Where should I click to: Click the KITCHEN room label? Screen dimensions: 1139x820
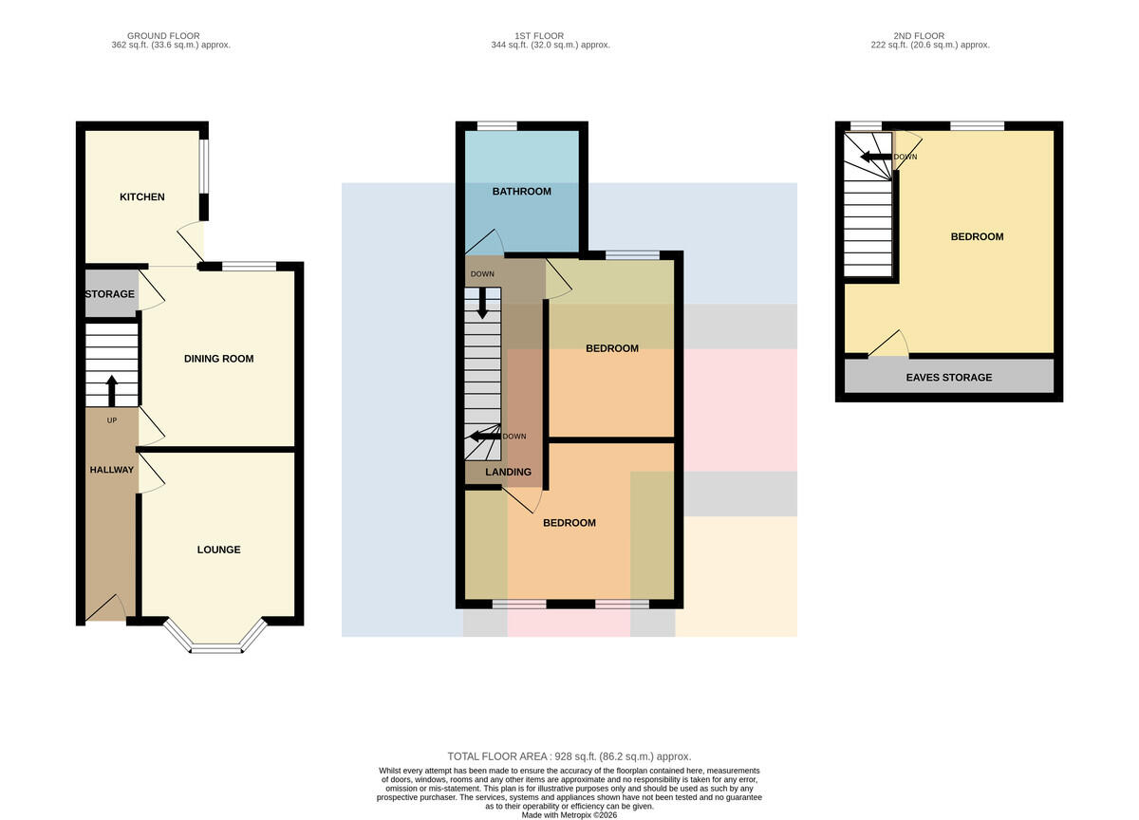coord(141,196)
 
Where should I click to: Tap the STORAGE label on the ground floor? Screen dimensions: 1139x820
coord(110,294)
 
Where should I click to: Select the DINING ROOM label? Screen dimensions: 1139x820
coord(218,359)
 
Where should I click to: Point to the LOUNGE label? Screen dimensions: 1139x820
coord(218,550)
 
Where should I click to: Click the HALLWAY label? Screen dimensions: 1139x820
coord(112,470)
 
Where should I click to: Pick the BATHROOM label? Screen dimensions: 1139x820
coord(522,191)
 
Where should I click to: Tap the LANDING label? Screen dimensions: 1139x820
coord(508,472)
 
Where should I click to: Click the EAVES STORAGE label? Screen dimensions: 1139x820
coord(949,377)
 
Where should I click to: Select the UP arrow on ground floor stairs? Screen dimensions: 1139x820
coord(111,391)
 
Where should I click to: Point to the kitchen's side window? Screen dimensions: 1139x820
coord(203,166)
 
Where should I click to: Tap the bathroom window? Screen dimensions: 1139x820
coord(496,125)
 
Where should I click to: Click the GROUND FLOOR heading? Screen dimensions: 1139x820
coord(163,35)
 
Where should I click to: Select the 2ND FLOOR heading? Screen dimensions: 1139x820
coord(919,35)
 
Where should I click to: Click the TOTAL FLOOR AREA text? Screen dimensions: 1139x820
coord(569,756)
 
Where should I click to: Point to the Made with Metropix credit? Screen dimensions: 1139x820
coord(569,815)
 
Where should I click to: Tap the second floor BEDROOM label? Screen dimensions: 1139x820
coord(977,236)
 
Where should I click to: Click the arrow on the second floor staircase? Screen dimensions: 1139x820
coord(875,157)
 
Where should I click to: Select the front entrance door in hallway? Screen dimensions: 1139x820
coord(105,607)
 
